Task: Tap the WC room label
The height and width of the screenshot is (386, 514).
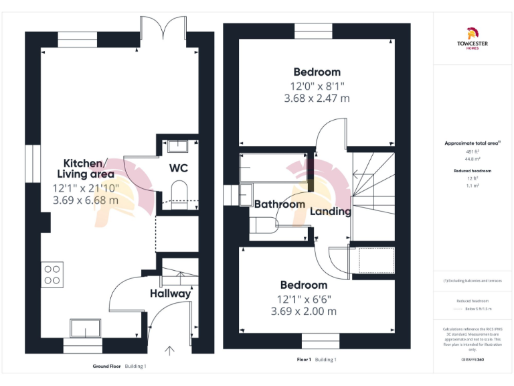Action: tap(178, 167)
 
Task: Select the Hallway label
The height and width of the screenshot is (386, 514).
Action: tap(170, 293)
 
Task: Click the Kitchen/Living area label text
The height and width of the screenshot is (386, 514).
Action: tap(84, 169)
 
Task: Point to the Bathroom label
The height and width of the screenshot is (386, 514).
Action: tap(279, 204)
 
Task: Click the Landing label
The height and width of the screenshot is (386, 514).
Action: tap(331, 211)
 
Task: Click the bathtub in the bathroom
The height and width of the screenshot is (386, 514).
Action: tap(273, 168)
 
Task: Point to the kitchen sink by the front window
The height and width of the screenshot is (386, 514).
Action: tap(85, 329)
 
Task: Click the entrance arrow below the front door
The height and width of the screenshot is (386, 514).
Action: tap(170, 350)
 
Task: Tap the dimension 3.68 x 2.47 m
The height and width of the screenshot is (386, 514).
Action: tap(317, 99)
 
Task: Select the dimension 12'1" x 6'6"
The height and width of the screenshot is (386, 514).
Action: tap(303, 298)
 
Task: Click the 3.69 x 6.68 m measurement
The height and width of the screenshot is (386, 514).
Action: tap(86, 200)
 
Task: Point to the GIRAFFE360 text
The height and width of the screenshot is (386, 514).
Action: tap(473, 361)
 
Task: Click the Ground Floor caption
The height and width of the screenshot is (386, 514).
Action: tap(106, 367)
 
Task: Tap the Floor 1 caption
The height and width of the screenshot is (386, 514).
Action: tap(304, 360)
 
